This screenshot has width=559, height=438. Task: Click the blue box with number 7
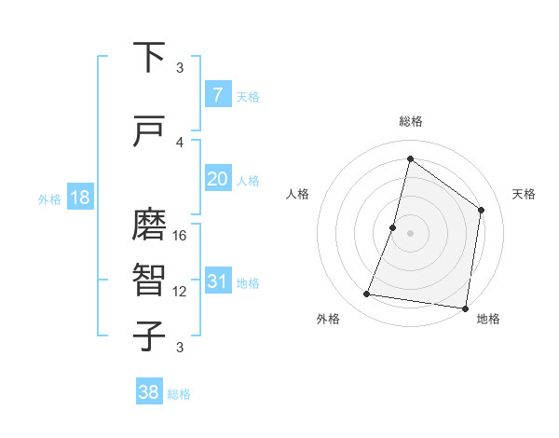point(217,95)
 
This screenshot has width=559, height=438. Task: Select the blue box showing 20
point(217,179)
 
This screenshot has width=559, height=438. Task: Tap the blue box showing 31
point(217,281)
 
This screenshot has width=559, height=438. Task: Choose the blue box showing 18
point(79,198)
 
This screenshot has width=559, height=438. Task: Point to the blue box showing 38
point(149,393)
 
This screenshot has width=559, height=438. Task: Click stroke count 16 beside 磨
point(180,236)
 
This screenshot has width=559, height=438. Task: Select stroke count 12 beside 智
point(180,292)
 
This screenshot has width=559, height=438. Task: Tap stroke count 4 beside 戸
point(180,143)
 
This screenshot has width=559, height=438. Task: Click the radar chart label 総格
point(410,121)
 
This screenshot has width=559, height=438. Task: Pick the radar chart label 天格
point(524,194)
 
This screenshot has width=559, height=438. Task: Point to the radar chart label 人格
point(297,194)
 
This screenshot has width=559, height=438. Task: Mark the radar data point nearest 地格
point(465,308)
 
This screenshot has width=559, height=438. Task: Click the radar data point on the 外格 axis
point(367,294)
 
